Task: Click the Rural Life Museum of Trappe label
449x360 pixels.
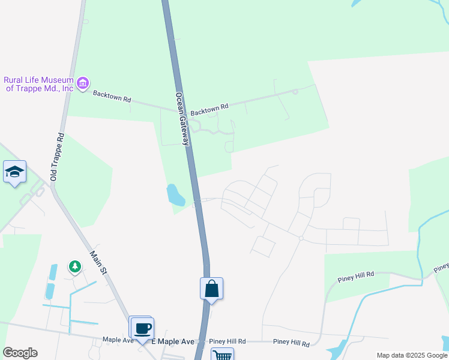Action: point(38,84)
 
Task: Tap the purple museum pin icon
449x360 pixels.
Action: point(83,82)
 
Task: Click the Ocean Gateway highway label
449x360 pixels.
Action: point(182,119)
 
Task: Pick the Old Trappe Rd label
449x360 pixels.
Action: point(57,157)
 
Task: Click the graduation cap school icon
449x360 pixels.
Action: point(14,172)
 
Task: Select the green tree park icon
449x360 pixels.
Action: point(74,266)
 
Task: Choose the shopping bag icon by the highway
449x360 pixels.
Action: point(211,289)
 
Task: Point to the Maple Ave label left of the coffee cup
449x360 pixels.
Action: point(118,340)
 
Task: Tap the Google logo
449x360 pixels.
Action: point(20,353)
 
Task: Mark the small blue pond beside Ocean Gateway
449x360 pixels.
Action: point(175,194)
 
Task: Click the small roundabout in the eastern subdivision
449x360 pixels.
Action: point(301,238)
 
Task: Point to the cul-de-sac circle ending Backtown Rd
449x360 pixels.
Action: point(295,92)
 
